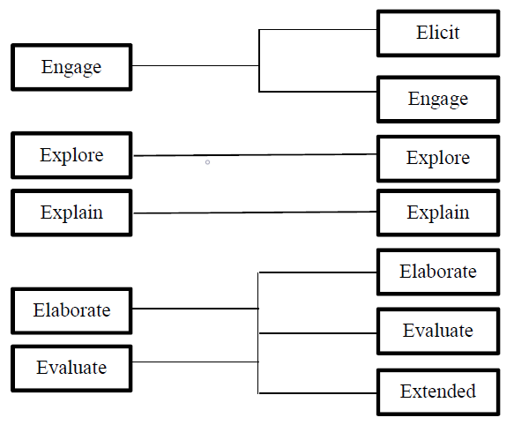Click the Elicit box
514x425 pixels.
438,34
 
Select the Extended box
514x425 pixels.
438,391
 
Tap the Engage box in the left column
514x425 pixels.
71,67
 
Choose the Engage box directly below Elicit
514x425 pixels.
438,99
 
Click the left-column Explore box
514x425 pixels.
71,156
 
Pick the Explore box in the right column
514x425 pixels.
438,158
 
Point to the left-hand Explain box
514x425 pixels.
71,212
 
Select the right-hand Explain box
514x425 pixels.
438,212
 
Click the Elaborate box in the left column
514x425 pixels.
71,310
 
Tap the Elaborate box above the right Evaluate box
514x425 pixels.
438,272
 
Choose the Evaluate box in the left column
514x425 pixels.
71,368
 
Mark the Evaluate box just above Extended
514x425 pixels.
438,332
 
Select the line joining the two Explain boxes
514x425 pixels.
256,212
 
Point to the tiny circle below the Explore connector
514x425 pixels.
207,162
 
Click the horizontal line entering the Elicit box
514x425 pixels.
317,29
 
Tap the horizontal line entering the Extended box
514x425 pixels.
317,392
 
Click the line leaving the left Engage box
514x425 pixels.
194,65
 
